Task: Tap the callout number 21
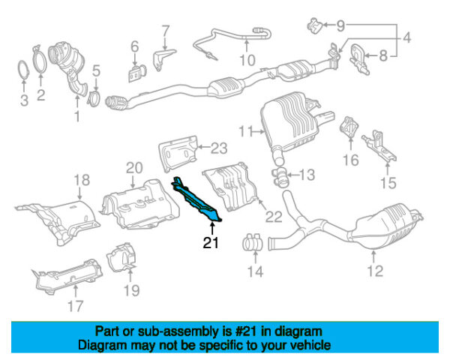click(x=211, y=242)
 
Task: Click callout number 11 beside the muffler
click(x=244, y=132)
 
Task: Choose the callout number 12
click(x=375, y=271)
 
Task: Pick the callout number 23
click(x=218, y=147)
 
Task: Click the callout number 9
click(x=341, y=25)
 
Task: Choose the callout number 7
click(x=166, y=31)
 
